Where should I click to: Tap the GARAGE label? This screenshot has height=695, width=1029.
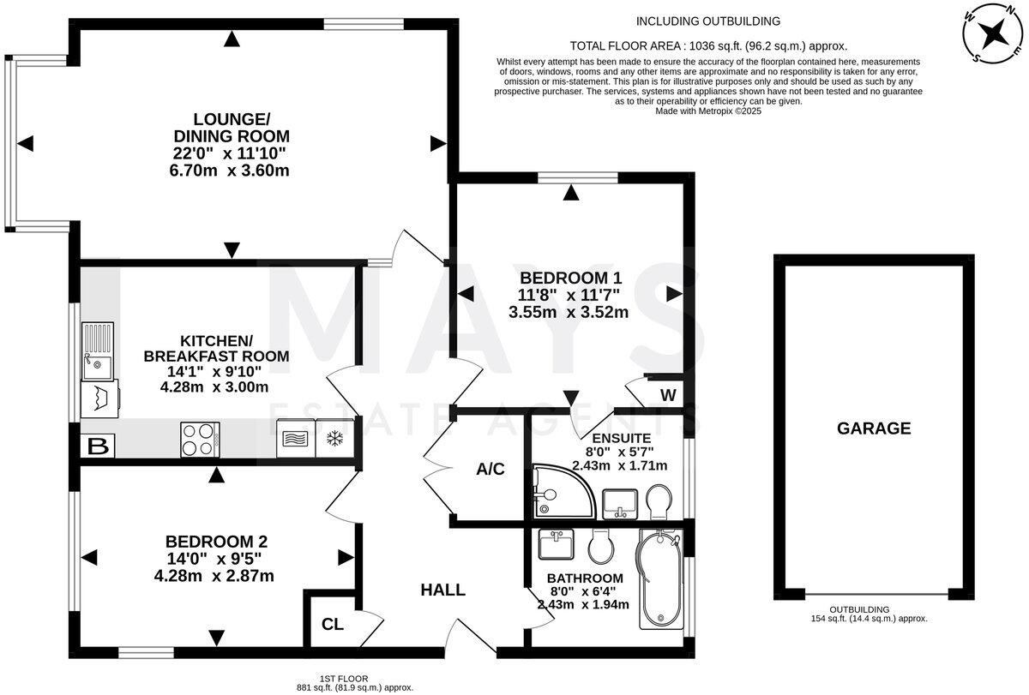874,428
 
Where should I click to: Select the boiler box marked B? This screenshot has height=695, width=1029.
98,446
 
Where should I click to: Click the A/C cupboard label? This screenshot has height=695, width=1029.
490,469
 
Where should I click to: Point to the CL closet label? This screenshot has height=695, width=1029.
333,624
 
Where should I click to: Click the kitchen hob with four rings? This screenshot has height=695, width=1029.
200,440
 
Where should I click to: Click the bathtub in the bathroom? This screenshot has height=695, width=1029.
660,580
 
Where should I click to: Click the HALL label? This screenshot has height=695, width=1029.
442,590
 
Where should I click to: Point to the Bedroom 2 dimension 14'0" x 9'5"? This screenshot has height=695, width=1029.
216,559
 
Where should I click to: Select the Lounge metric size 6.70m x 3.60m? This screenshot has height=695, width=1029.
231,170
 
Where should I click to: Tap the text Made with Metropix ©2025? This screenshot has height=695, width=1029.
708,111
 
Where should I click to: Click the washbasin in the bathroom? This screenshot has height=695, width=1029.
557,544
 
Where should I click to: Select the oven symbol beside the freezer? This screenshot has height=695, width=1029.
296,439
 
